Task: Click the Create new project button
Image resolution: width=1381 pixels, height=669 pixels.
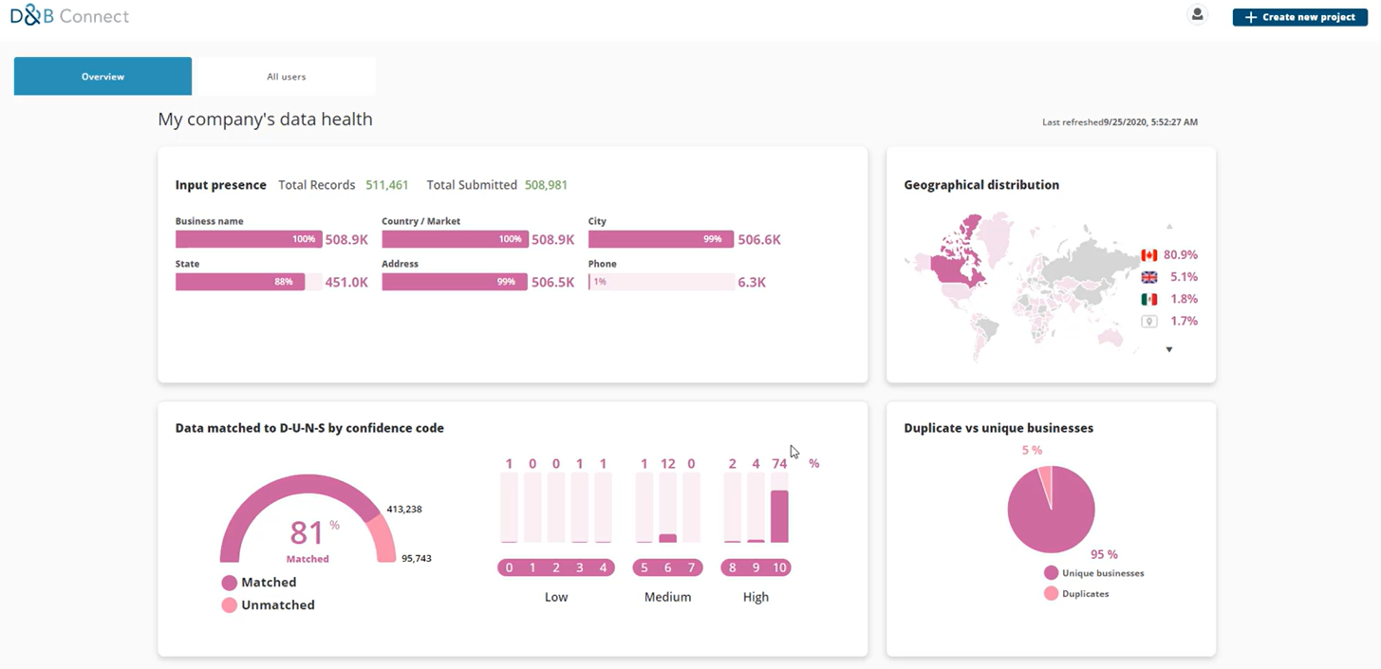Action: [1299, 17]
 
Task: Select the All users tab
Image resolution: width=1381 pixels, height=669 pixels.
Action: [286, 77]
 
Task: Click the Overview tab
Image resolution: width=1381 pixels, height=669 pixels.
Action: [103, 77]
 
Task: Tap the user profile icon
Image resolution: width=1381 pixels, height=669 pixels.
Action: [1197, 15]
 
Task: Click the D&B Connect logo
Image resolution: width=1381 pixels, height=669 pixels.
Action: [69, 16]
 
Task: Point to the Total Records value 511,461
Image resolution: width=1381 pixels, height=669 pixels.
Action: [387, 185]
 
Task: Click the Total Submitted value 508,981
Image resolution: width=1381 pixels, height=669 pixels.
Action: [546, 185]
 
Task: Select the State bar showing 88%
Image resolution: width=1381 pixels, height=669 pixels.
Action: [240, 282]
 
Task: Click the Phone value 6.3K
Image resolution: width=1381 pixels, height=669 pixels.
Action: [752, 282]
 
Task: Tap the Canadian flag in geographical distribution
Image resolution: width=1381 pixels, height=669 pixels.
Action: [1148, 255]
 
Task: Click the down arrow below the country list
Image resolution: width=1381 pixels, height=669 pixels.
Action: [1169, 350]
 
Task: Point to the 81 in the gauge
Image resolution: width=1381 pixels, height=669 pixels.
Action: [307, 532]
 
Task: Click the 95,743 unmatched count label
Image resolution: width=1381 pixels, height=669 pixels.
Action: [417, 558]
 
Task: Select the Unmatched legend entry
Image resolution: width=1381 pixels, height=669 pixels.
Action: [277, 604]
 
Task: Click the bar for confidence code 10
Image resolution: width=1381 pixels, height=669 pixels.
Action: [779, 515]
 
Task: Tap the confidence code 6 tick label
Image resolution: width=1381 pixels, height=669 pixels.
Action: [667, 567]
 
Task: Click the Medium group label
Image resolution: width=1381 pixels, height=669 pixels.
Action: [667, 597]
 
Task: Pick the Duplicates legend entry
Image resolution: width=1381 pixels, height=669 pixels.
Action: [1085, 594]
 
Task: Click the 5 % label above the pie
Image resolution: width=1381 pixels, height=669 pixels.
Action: [1032, 450]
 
